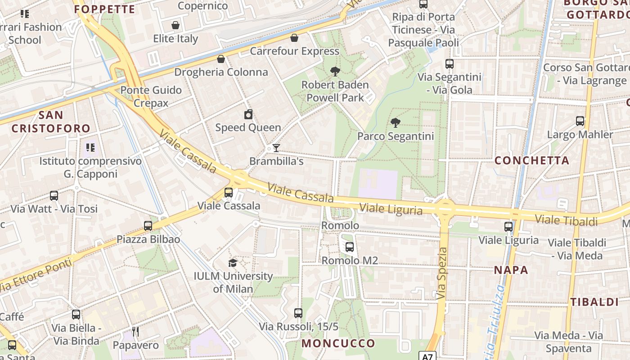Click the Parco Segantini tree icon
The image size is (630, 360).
point(395,122)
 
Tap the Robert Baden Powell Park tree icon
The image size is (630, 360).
point(335,71)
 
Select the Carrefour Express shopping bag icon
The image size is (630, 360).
point(294,38)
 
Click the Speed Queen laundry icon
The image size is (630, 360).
point(248,114)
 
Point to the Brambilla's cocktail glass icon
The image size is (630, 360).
point(276,148)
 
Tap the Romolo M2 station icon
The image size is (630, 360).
point(350,247)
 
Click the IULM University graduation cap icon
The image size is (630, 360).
point(233,263)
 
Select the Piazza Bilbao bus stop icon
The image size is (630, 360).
point(148,226)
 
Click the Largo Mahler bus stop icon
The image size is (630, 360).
point(580,121)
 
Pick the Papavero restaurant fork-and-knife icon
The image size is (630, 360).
point(135,332)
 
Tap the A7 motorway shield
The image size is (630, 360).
point(427,357)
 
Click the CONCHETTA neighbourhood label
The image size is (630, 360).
point(531,160)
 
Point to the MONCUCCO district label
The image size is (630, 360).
point(338,343)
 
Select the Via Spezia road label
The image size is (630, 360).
point(442,274)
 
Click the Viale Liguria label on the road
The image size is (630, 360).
point(391,209)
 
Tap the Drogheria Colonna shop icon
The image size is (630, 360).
point(221,59)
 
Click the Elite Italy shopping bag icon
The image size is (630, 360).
point(175,25)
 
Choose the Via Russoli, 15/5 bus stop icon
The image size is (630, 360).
point(298,313)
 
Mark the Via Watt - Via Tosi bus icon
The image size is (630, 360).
point(54,196)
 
